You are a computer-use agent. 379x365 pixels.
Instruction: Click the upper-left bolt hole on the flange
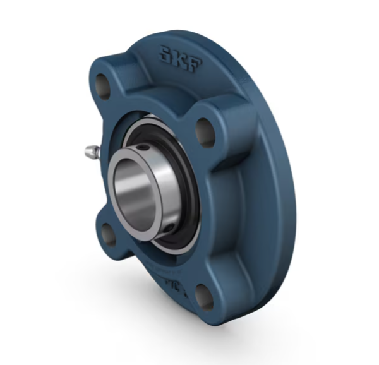tap(102, 83)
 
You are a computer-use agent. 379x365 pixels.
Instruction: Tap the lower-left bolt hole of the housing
tap(109, 234)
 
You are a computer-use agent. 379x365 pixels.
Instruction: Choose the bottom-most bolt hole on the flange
tap(203, 296)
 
